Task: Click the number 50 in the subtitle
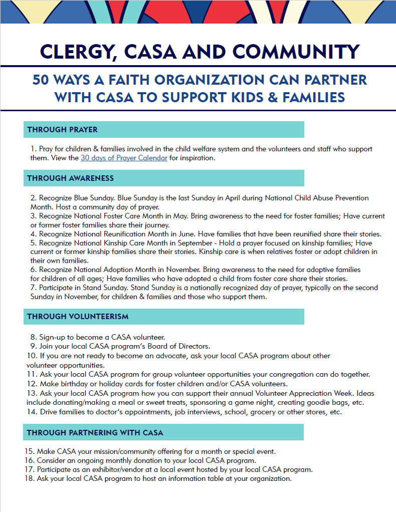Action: pyautogui.click(x=42, y=80)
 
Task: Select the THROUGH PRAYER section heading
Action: pyautogui.click(x=62, y=130)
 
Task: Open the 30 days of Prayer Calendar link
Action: pyautogui.click(x=124, y=158)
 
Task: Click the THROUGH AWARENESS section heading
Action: pyautogui.click(x=70, y=178)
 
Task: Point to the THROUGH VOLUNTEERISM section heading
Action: pyautogui.click(x=78, y=317)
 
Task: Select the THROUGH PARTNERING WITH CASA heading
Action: pyautogui.click(x=95, y=432)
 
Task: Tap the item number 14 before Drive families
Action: pyautogui.click(x=32, y=412)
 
